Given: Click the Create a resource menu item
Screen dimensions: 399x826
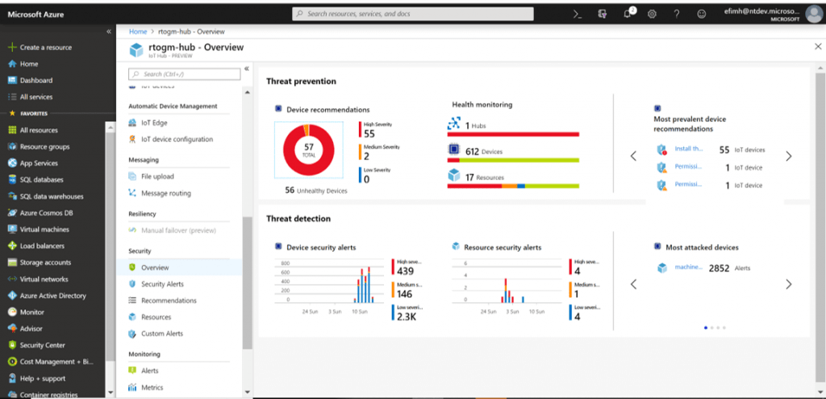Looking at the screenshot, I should (45, 48).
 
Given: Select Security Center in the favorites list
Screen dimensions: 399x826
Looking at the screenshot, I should (42, 345).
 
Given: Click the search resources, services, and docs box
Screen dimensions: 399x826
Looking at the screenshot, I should (412, 14).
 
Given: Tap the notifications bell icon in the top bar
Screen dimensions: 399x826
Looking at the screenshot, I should (628, 14).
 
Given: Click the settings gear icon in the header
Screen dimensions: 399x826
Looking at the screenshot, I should (652, 14).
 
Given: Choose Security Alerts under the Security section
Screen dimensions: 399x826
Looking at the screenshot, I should (163, 284).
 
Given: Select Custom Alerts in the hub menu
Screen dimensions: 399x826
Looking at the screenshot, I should (161, 334).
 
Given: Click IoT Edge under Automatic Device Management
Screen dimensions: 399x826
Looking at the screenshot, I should (153, 123).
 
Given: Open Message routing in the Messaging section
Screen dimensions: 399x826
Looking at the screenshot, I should (165, 193).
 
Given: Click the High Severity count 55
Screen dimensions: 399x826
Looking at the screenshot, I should (369, 134).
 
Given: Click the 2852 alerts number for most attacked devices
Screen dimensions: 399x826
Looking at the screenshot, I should (719, 268).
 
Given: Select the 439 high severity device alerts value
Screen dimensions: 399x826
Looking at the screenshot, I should (405, 271).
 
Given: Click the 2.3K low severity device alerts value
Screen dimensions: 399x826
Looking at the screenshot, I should (406, 317).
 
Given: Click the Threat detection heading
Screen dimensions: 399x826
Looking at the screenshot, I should (298, 219).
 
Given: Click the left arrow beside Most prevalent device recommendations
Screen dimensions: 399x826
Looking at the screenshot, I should (633, 156).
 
